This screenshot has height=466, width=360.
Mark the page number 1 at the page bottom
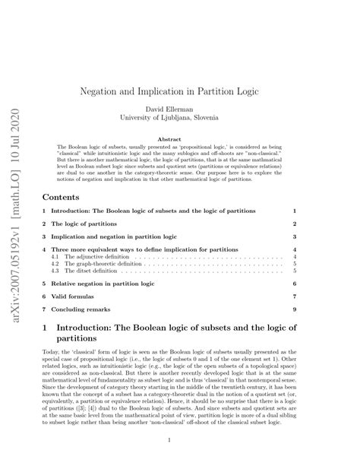point(179,439)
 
